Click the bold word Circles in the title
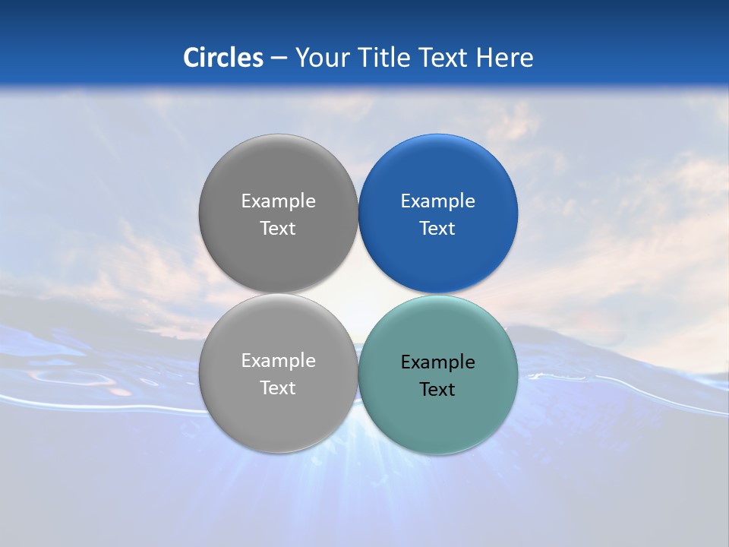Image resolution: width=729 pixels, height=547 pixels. (x=223, y=58)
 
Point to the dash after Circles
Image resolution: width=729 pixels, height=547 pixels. (x=279, y=58)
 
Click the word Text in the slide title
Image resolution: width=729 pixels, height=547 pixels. (x=444, y=58)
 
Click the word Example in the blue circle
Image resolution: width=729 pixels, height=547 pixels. (x=438, y=201)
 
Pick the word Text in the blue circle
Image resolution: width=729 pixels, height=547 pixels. (x=437, y=229)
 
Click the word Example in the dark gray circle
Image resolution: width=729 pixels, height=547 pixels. (x=279, y=201)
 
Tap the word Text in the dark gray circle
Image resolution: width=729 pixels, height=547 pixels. (x=278, y=229)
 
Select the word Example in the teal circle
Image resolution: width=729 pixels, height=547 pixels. (x=438, y=362)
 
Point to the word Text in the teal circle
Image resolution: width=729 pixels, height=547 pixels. (x=437, y=390)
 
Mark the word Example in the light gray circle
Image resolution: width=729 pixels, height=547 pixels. (x=279, y=361)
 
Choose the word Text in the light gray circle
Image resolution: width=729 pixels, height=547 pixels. (x=278, y=388)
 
